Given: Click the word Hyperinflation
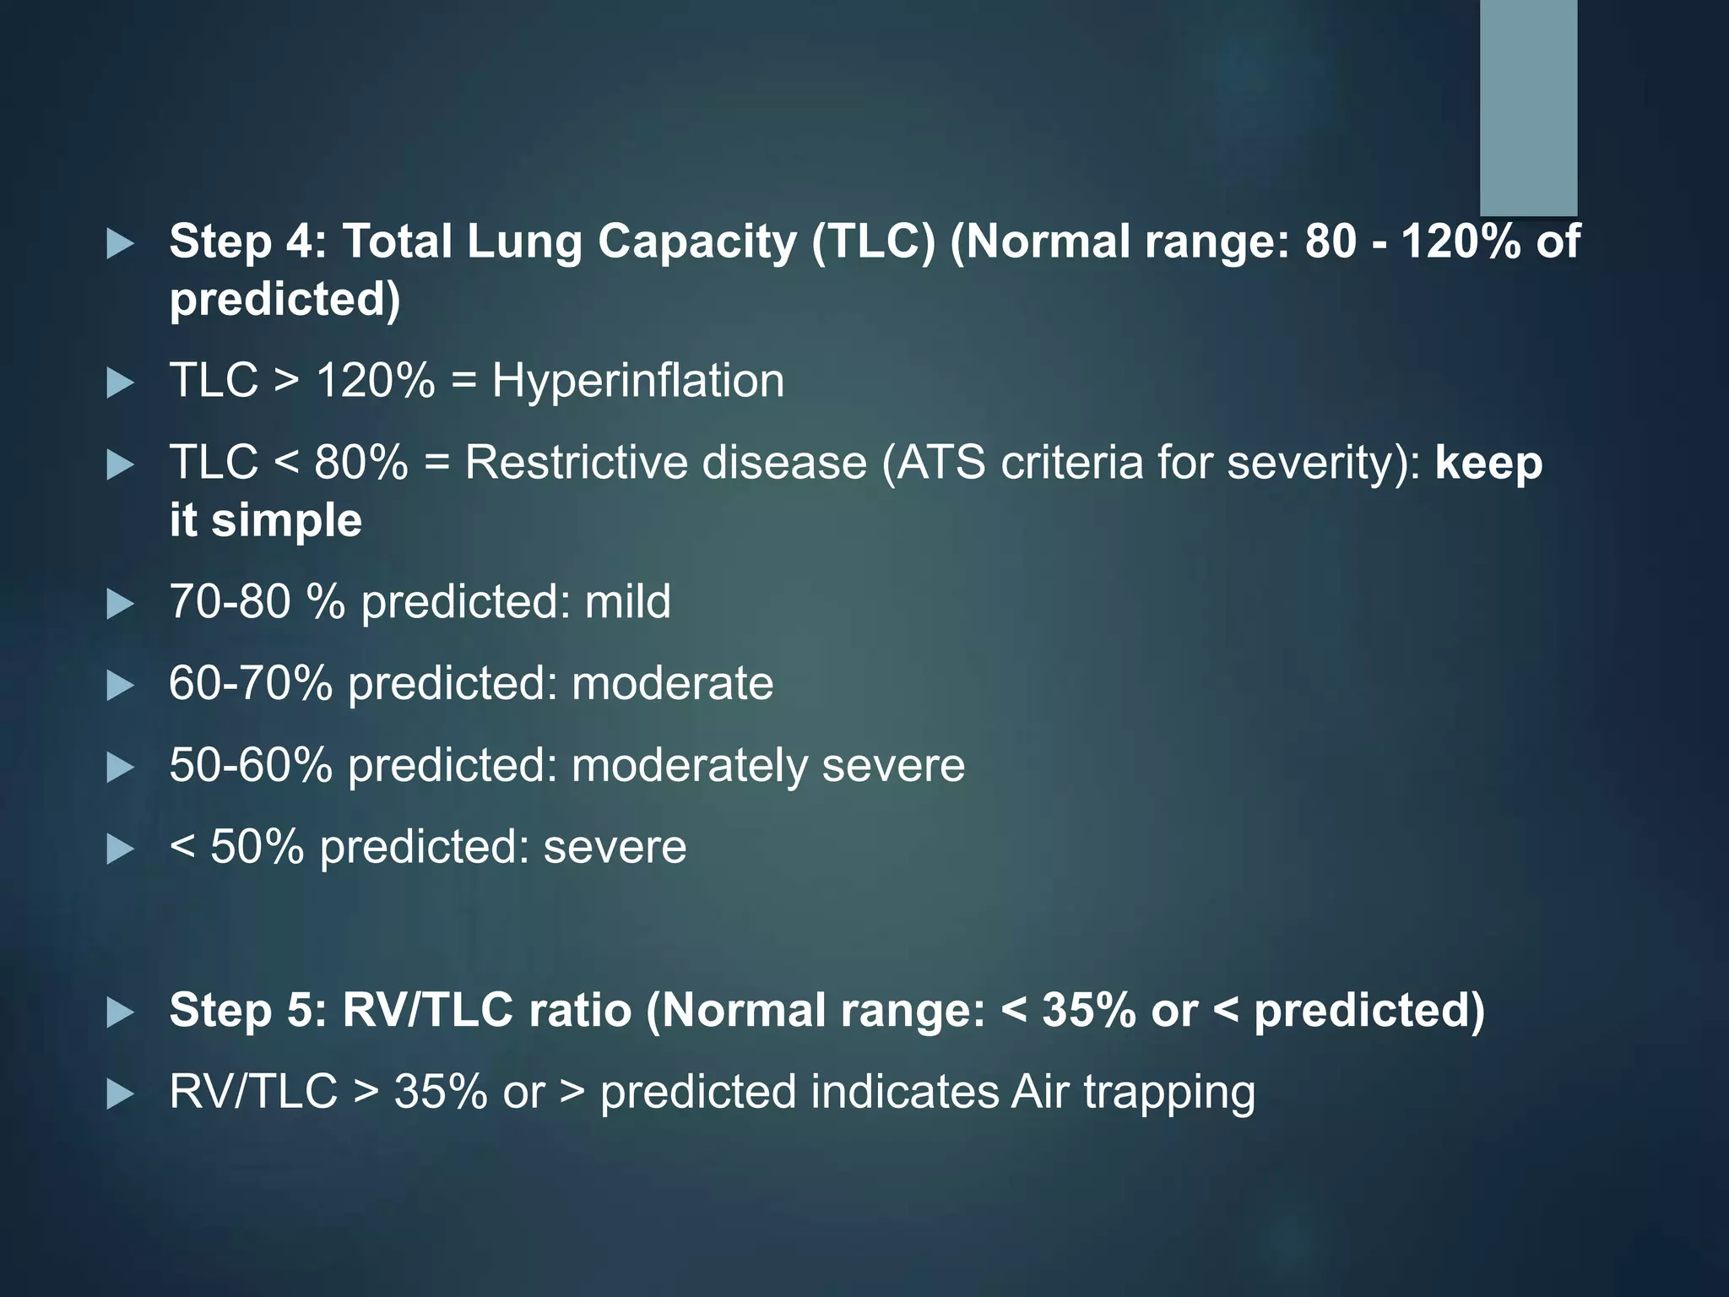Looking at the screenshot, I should [x=637, y=381].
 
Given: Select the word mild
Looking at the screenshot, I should [x=627, y=601].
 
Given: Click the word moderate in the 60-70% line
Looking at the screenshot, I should [x=672, y=683].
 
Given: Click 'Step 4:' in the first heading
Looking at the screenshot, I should [x=248, y=241].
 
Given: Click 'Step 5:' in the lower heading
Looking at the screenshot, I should [x=248, y=1010].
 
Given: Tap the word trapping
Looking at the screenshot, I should [x=1169, y=1092].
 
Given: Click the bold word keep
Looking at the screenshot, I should [x=1488, y=463].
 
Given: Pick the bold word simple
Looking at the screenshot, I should [x=286, y=520].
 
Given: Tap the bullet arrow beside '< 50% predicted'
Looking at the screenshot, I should [x=121, y=849].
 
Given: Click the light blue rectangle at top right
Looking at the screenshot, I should [x=1528, y=106].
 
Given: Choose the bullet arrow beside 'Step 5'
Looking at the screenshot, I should [x=121, y=1013].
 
